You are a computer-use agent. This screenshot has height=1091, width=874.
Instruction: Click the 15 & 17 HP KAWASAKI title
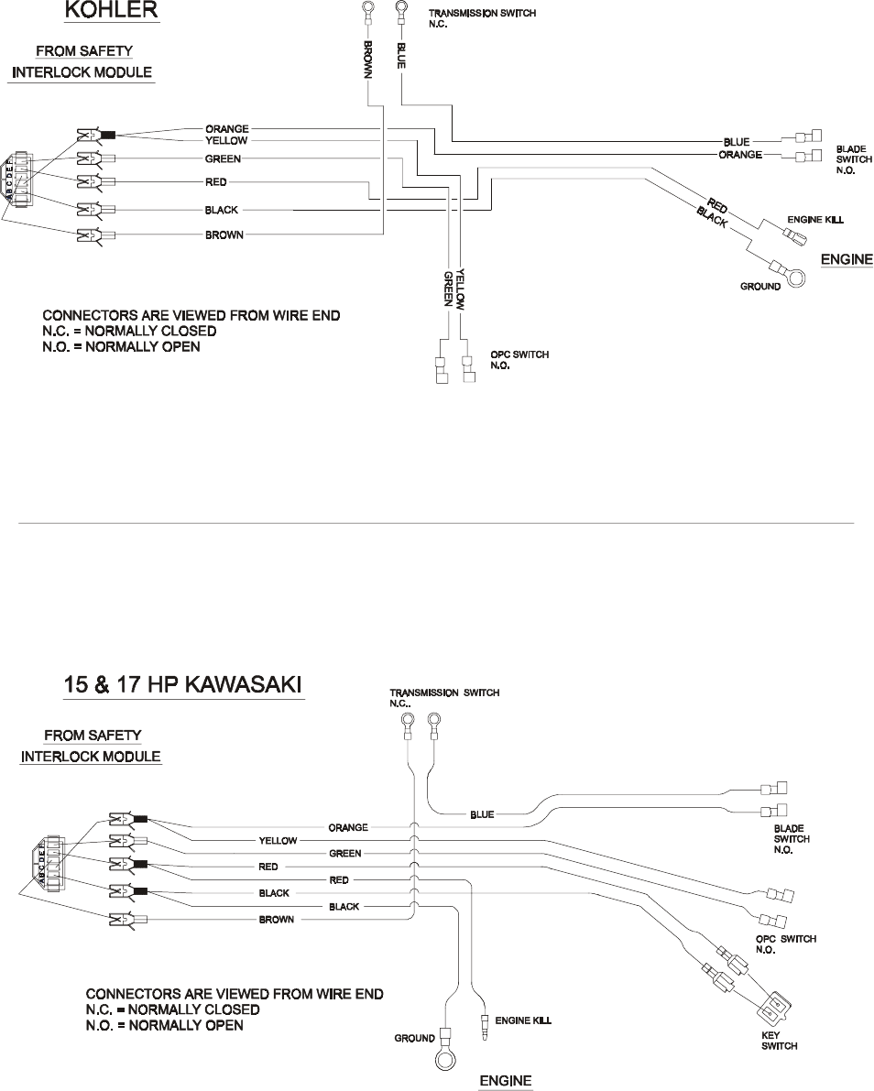183,684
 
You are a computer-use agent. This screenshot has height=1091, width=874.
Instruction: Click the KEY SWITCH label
780,1041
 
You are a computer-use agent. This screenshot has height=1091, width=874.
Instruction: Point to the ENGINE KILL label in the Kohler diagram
815,221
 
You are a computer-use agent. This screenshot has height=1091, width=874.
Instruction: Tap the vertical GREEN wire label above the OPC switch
448,288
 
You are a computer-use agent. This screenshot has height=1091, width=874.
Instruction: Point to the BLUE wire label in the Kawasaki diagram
482,814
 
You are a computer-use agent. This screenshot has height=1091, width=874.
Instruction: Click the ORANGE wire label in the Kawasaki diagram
348,827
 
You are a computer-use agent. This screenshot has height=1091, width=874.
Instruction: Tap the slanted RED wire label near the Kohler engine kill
717,205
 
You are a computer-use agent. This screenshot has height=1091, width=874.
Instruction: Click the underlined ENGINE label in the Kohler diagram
847,259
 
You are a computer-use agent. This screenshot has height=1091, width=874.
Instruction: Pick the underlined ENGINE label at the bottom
506,1081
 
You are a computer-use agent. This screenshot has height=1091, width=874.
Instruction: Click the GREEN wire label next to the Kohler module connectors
223,158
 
